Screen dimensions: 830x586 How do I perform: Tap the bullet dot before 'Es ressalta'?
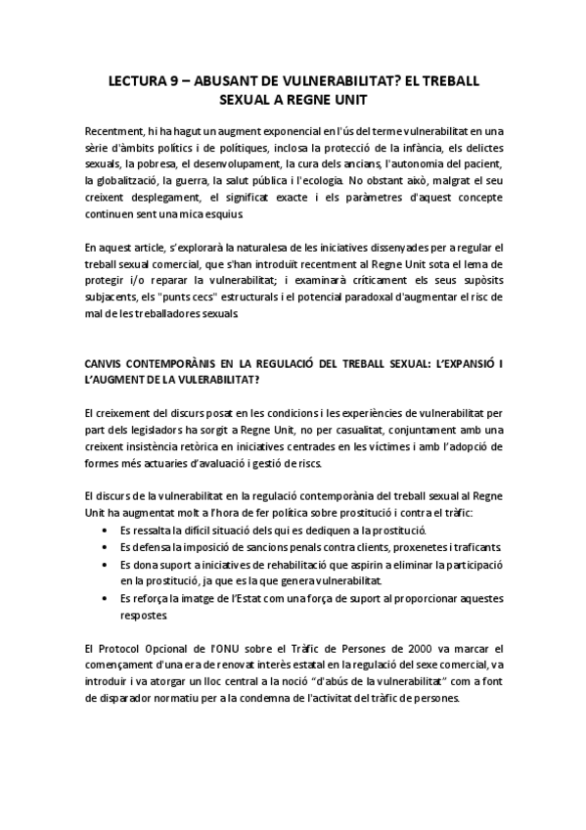[x=106, y=530]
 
